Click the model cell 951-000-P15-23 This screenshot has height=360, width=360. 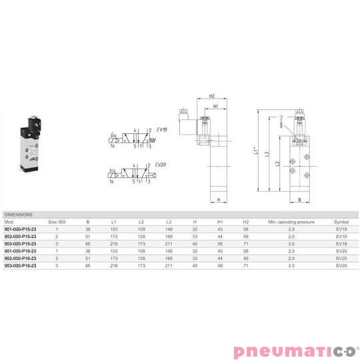[x=21, y=229]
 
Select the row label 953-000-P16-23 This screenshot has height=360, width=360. [x=21, y=265]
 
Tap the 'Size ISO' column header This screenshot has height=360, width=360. [x=57, y=221]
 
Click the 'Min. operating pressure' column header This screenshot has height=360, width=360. [x=287, y=221]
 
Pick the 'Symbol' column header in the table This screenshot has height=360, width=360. [x=341, y=221]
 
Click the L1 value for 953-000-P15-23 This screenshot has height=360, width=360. [x=114, y=243]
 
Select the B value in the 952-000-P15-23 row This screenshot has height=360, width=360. [x=87, y=236]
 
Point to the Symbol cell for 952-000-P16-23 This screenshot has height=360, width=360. [x=341, y=258]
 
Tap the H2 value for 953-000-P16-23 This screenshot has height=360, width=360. [x=245, y=265]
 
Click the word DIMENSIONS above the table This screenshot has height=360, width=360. [x=19, y=215]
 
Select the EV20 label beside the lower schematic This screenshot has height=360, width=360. [x=161, y=165]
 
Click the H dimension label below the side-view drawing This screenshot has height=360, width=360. [x=219, y=206]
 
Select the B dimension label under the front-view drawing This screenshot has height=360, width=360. [x=299, y=199]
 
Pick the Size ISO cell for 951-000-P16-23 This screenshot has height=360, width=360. [x=57, y=251]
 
